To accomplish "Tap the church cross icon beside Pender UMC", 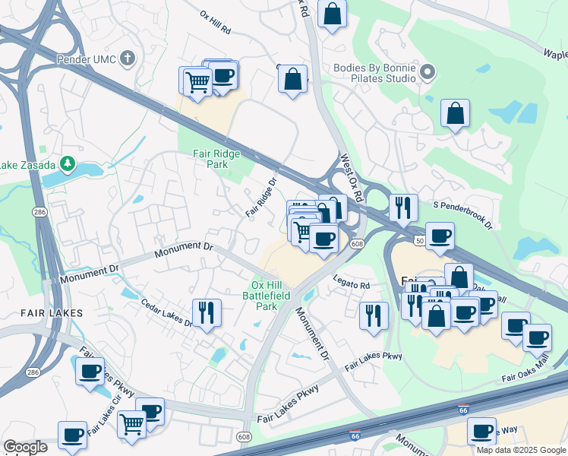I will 128,58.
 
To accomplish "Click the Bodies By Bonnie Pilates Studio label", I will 375,73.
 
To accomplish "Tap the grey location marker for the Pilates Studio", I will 428,73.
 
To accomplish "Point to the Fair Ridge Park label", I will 216,158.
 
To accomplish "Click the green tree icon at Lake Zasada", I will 68,163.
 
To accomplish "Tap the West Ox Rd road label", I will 351,176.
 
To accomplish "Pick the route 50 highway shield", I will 419,240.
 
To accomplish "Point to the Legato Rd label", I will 350,286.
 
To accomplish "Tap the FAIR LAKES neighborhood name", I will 31,312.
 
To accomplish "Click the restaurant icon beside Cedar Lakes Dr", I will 206,311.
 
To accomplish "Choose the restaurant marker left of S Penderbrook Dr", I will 402,206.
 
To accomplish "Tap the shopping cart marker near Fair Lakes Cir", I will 131,423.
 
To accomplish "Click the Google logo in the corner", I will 25,447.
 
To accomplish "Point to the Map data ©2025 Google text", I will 520,450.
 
